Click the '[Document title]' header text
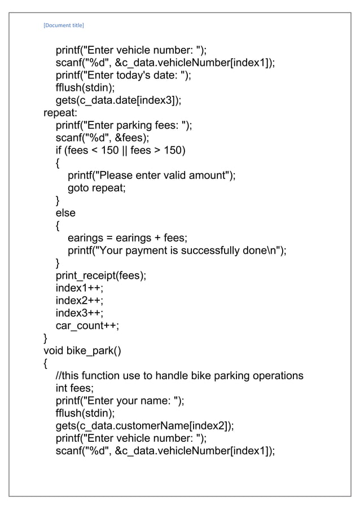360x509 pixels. [x=64, y=25]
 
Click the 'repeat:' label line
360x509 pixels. [x=62, y=113]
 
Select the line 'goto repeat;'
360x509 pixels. [x=96, y=188]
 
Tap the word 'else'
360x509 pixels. [x=65, y=213]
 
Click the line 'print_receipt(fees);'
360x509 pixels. [x=101, y=275]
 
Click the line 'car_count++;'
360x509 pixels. [x=87, y=326]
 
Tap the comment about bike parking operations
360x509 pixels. [x=179, y=376]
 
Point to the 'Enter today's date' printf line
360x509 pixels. [x=123, y=76]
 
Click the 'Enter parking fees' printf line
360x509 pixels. [x=124, y=125]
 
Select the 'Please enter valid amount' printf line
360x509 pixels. [x=152, y=175]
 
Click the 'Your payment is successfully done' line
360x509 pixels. [x=177, y=251]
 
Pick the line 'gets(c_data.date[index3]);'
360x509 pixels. [x=118, y=100]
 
